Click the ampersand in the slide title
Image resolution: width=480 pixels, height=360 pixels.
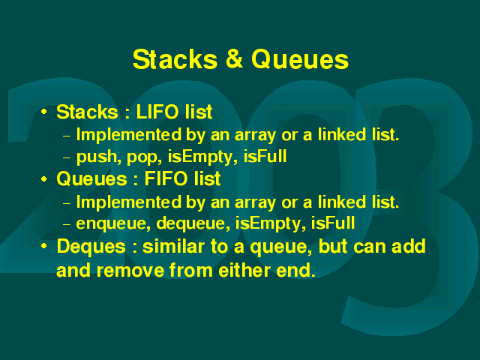tap(234, 58)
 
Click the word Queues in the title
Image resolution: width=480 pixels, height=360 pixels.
tap(300, 58)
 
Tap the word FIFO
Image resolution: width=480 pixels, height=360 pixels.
tap(166, 178)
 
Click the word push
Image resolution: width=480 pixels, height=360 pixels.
tap(97, 157)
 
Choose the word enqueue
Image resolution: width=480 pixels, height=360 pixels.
tap(113, 224)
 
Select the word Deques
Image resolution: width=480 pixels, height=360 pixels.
tap(91, 247)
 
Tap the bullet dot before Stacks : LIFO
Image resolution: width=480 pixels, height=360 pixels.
tap(44, 112)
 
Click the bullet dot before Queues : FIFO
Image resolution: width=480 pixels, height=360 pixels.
tap(44, 179)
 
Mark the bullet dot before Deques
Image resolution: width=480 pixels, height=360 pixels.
tap(44, 246)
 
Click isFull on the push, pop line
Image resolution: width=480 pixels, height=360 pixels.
tap(265, 156)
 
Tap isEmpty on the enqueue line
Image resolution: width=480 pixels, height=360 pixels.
tap(270, 223)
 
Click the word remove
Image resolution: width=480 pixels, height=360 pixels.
tap(130, 271)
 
